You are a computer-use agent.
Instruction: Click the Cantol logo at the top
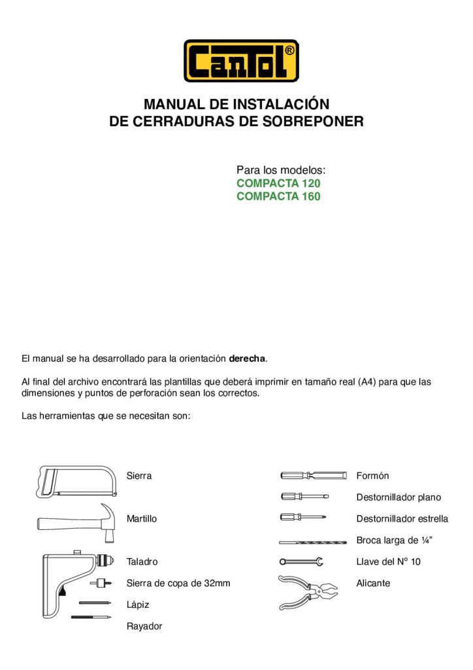[x=241, y=61]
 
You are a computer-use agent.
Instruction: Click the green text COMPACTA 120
[x=278, y=184]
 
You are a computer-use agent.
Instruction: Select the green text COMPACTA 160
[x=278, y=196]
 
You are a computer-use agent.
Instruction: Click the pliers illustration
[x=308, y=591]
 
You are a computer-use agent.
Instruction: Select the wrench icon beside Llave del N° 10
[x=301, y=561]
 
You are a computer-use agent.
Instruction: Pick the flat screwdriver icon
[x=304, y=497]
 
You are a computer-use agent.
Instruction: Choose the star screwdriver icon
[x=304, y=518]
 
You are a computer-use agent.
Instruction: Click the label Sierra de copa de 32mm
[x=178, y=583]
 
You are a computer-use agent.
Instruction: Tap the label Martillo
[x=142, y=519]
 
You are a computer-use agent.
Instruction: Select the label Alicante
[x=373, y=583]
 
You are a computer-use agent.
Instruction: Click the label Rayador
[x=144, y=626]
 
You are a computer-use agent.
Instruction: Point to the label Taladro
[x=142, y=561]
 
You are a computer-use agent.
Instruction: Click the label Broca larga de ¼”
[x=395, y=540]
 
